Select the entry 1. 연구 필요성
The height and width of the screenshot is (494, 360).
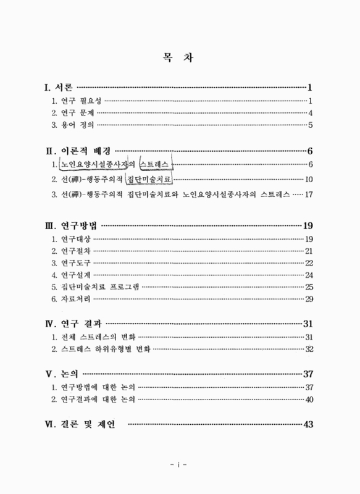click(77, 100)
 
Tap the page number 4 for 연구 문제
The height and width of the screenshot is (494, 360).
click(311, 113)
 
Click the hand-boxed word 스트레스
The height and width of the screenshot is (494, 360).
click(156, 164)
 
